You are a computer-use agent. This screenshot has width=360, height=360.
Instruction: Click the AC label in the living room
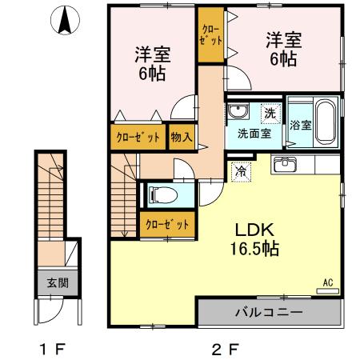point(327,282)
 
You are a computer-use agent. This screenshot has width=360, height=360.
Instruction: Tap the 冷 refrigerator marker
point(240,170)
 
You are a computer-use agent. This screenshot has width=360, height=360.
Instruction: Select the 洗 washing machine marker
point(270,114)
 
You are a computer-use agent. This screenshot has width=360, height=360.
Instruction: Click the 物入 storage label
point(182,136)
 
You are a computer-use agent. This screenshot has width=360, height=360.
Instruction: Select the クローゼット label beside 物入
point(138,136)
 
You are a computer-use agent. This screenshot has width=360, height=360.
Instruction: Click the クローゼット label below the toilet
point(166,224)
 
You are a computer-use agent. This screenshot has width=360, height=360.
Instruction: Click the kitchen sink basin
point(285,166)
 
